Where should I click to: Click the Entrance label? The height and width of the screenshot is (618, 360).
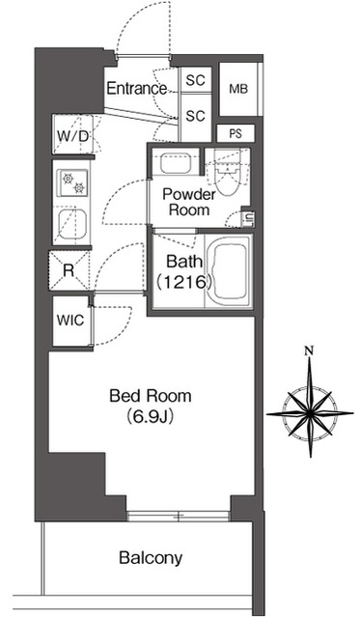pyautogui.click(x=136, y=88)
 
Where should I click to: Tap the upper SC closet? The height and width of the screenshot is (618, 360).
pyautogui.click(x=196, y=80)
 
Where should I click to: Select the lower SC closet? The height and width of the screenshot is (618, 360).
pyautogui.click(x=196, y=116)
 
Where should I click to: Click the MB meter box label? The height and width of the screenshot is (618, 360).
pyautogui.click(x=238, y=89)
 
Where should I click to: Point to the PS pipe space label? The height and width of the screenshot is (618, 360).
pyautogui.click(x=235, y=134)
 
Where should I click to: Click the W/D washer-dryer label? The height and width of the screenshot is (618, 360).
pyautogui.click(x=72, y=136)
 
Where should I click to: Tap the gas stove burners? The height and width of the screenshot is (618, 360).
pyautogui.click(x=73, y=183)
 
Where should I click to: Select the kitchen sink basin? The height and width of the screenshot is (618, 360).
pyautogui.click(x=72, y=224)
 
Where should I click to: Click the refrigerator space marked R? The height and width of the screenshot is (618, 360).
pyautogui.click(x=69, y=270)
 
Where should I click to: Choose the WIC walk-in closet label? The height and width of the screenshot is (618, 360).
pyautogui.click(x=70, y=320)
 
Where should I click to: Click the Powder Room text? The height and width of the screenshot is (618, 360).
pyautogui.click(x=189, y=202)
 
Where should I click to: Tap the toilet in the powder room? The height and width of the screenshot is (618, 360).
pyautogui.click(x=227, y=176)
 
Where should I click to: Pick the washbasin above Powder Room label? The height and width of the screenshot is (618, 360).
pyautogui.click(x=176, y=163)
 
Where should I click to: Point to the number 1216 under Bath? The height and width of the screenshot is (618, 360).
pyautogui.click(x=184, y=282)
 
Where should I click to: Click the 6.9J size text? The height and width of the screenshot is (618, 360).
pyautogui.click(x=151, y=416)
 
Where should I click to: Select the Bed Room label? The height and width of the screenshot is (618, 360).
pyautogui.click(x=151, y=396)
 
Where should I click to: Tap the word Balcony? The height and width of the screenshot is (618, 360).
pyautogui.click(x=151, y=558)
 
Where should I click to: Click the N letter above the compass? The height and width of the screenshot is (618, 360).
pyautogui.click(x=311, y=350)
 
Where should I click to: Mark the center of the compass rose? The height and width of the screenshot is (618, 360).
pyautogui.click(x=311, y=413)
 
